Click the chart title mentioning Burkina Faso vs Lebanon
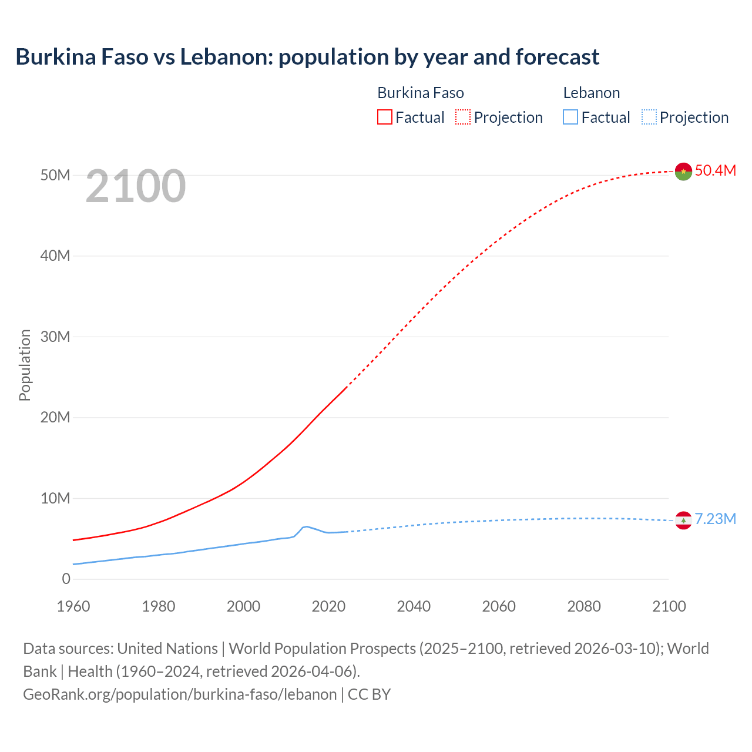pyautogui.click(x=307, y=57)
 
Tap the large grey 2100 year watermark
pyautogui.click(x=136, y=186)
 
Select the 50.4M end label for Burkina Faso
pyautogui.click(x=715, y=170)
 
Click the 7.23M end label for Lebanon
pyautogui.click(x=715, y=519)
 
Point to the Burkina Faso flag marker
pyautogui.click(x=683, y=171)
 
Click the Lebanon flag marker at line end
pyautogui.click(x=683, y=520)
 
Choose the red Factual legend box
pyautogui.click(x=384, y=117)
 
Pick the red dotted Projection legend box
pyautogui.click(x=463, y=117)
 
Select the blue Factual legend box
pyautogui.click(x=570, y=117)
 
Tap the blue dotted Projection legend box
pyautogui.click(x=649, y=117)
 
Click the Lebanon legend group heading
pyautogui.click(x=591, y=93)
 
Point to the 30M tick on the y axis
pyautogui.click(x=55, y=337)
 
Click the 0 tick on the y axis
pyautogui.click(x=66, y=579)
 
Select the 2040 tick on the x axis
pyautogui.click(x=414, y=606)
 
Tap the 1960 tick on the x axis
pyautogui.click(x=73, y=606)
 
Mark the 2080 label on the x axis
pyautogui.click(x=584, y=606)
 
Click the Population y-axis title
pyautogui.click(x=25, y=365)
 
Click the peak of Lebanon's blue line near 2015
pyautogui.click(x=306, y=526)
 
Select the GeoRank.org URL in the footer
pyautogui.click(x=180, y=694)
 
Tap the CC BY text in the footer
pyautogui.click(x=369, y=694)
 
